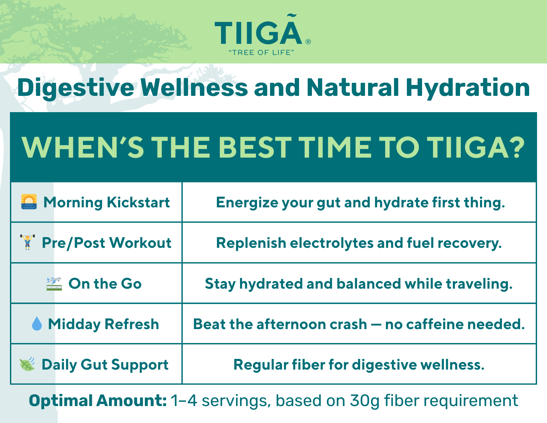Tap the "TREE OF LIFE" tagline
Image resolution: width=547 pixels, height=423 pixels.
261,52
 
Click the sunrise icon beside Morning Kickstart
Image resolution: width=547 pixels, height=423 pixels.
29,202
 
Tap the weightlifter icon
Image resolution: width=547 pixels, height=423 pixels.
28,242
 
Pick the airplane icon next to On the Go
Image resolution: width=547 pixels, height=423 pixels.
54,283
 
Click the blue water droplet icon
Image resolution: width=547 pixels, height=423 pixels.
37,323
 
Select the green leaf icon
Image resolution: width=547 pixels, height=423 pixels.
28,364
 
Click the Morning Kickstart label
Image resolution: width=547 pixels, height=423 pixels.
107,203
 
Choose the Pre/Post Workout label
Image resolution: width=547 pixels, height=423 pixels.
106,243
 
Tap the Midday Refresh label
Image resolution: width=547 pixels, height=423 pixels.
103,324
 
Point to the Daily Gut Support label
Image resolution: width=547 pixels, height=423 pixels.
105,365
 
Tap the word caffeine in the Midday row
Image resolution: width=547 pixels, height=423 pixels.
435,324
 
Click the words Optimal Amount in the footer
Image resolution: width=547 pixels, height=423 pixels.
98,401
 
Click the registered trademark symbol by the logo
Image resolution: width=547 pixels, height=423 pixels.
308,42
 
